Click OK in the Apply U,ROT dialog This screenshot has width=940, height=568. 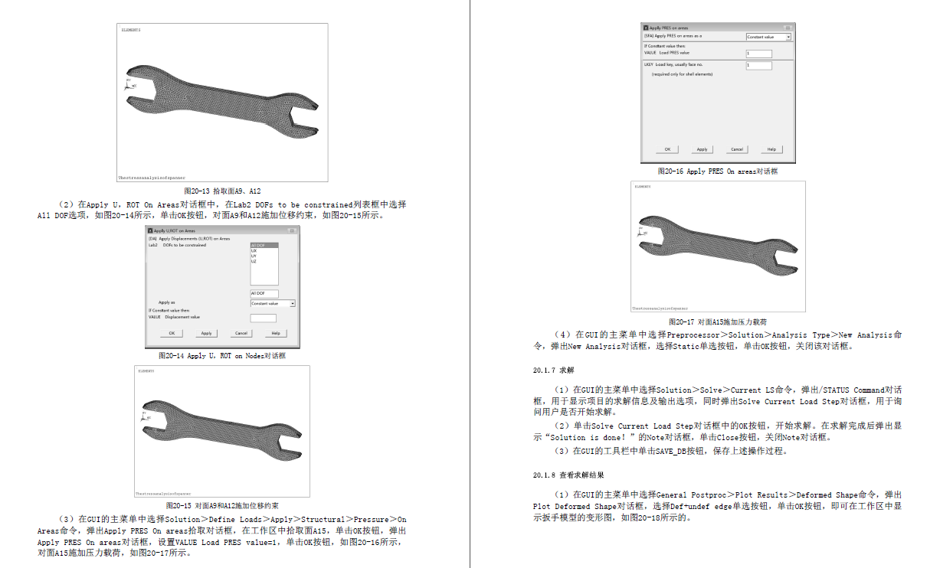(x=172, y=333)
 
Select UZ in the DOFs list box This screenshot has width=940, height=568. (x=254, y=262)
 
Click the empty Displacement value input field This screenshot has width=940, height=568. (x=264, y=318)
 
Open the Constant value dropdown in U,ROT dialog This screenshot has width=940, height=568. (x=273, y=304)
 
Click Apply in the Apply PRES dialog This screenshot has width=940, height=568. (x=702, y=149)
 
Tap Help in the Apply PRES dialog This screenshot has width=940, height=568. (x=771, y=149)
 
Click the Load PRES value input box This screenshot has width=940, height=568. (x=758, y=54)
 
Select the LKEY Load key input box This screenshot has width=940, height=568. (x=758, y=66)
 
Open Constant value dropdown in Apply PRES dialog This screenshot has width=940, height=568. (x=768, y=37)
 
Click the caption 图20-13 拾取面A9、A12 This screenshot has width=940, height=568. (x=223, y=191)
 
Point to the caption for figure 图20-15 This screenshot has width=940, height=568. (x=222, y=506)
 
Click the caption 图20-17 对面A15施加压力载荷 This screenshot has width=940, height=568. (x=718, y=322)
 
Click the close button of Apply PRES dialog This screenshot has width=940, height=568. (x=790, y=28)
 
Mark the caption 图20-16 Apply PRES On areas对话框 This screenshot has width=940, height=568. (x=718, y=171)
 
